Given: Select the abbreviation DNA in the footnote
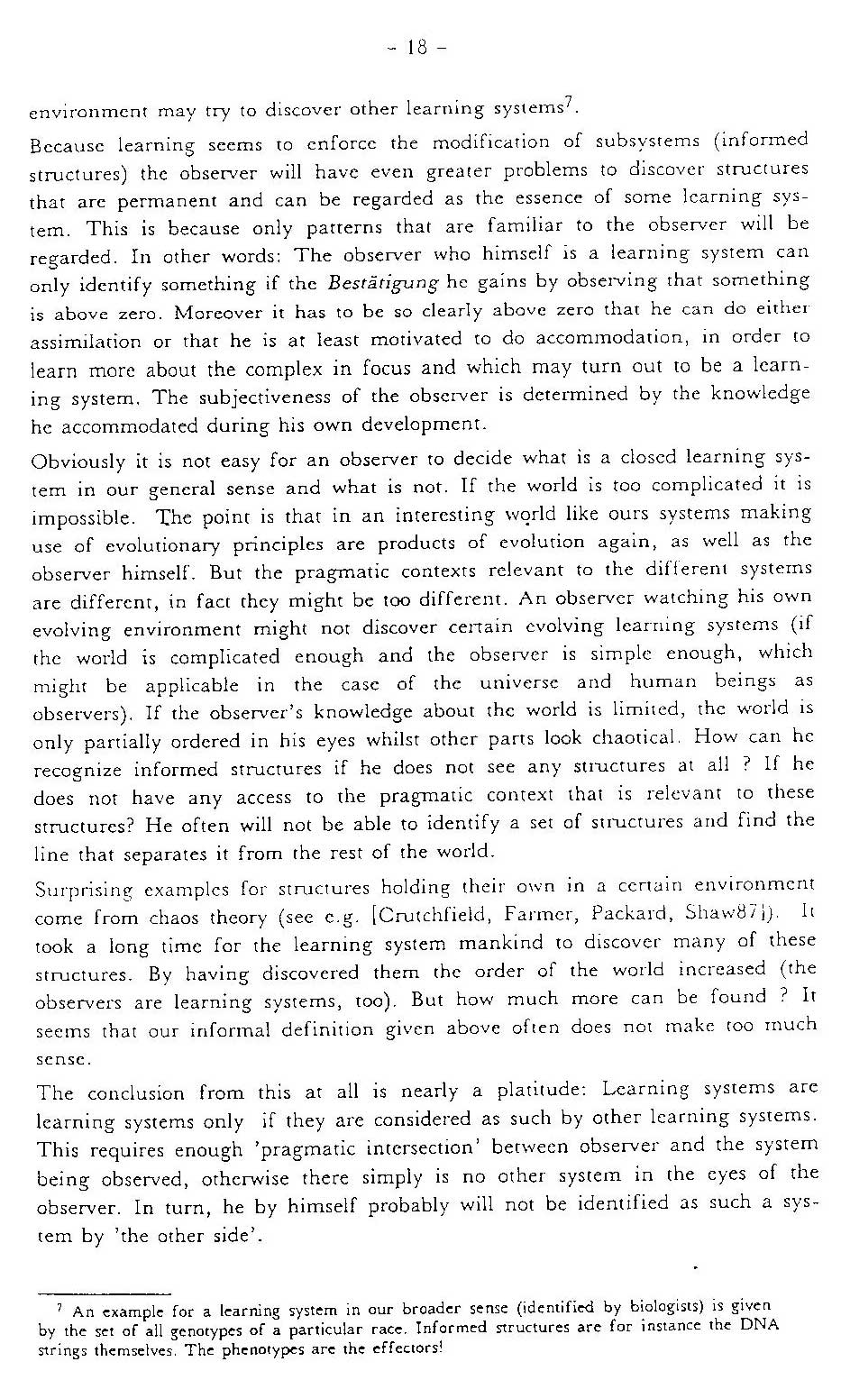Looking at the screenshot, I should tap(759, 1324).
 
